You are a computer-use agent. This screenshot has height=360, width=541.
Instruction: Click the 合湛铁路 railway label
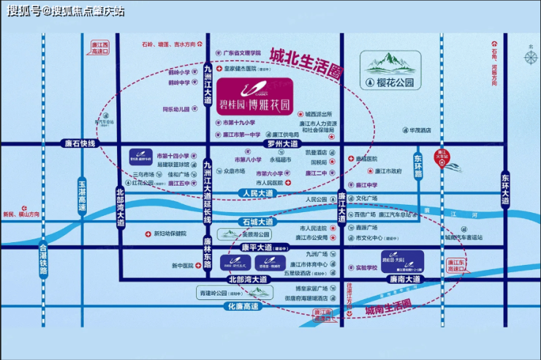43,260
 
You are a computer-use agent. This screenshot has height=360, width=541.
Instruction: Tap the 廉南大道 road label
406,280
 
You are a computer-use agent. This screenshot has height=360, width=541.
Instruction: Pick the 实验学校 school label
366,268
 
